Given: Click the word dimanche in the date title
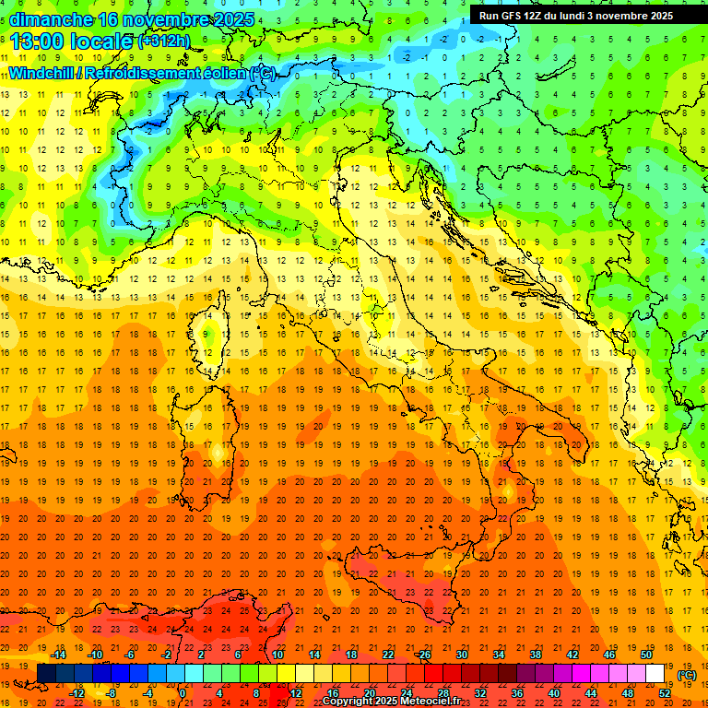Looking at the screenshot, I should coord(51,19).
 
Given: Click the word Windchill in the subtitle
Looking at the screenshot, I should coord(43,73).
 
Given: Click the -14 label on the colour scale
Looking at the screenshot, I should coord(58,655).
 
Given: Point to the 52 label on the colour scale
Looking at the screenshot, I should coord(665,692).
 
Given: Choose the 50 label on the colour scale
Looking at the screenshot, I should coord(645,655).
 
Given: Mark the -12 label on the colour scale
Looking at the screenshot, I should coord(77,692).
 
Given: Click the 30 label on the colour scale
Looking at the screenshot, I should coord(461,655).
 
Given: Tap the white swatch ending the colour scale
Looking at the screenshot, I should coord(655,673).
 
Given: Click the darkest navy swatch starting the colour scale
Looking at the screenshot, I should coord(46,673).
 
